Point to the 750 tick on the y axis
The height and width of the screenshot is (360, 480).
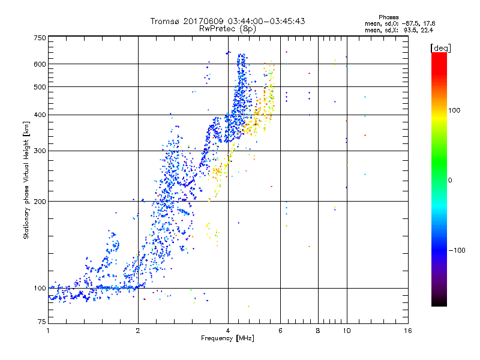click(40, 38)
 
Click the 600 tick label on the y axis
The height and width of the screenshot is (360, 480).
click(40, 64)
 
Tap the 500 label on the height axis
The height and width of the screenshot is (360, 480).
click(40, 87)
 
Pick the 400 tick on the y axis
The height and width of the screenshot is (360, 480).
click(40, 115)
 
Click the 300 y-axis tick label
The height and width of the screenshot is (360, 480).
click(40, 151)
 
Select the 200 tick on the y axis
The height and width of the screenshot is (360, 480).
click(40, 202)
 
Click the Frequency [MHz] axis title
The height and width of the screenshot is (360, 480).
click(227, 340)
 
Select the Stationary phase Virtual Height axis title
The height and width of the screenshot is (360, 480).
click(26, 181)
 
